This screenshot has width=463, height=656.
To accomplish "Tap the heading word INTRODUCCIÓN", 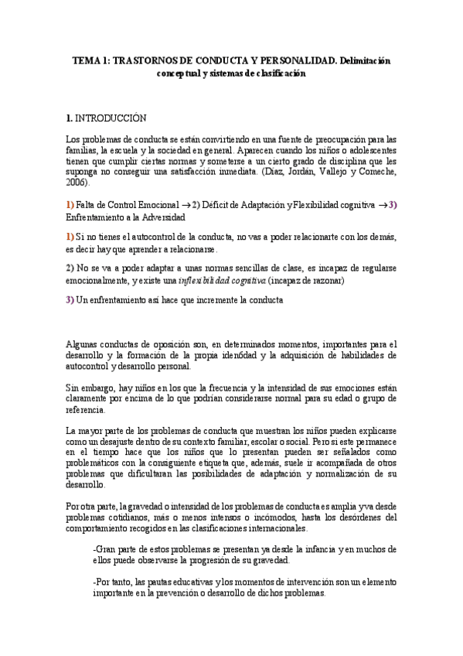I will click(x=110, y=118).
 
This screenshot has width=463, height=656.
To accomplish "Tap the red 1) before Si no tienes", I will click(x=70, y=237).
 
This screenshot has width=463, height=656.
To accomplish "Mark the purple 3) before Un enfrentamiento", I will click(x=70, y=300).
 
